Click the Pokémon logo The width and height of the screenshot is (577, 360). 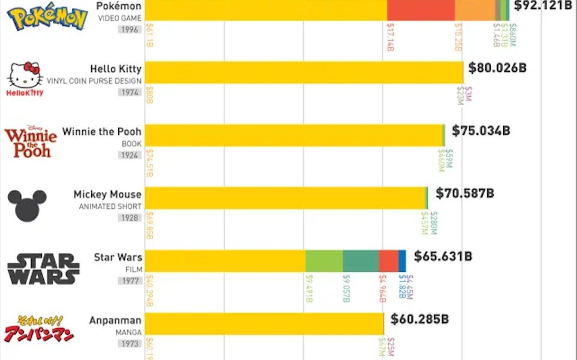(x=47, y=17)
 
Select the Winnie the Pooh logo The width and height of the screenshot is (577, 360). (x=30, y=142)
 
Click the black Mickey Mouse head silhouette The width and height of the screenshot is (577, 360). (x=27, y=205)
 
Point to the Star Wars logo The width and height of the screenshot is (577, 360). (x=43, y=268)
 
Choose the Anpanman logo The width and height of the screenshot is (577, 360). (x=39, y=329)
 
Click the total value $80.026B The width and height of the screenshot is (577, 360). (x=497, y=68)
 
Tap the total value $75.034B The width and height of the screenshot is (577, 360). (x=481, y=131)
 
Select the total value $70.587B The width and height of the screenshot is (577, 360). (x=465, y=193)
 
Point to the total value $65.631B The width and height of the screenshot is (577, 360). (x=443, y=256)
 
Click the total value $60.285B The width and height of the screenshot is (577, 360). (x=419, y=319)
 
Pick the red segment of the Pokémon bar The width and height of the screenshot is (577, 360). (x=420, y=10)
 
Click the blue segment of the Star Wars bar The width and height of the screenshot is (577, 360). (x=402, y=261)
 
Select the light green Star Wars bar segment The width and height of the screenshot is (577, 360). (x=324, y=261)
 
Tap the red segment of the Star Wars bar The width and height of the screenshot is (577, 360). (x=388, y=261)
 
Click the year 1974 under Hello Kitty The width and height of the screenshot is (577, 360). (x=130, y=92)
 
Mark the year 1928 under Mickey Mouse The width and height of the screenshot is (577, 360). (x=130, y=218)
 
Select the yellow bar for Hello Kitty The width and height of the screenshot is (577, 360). (x=303, y=73)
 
